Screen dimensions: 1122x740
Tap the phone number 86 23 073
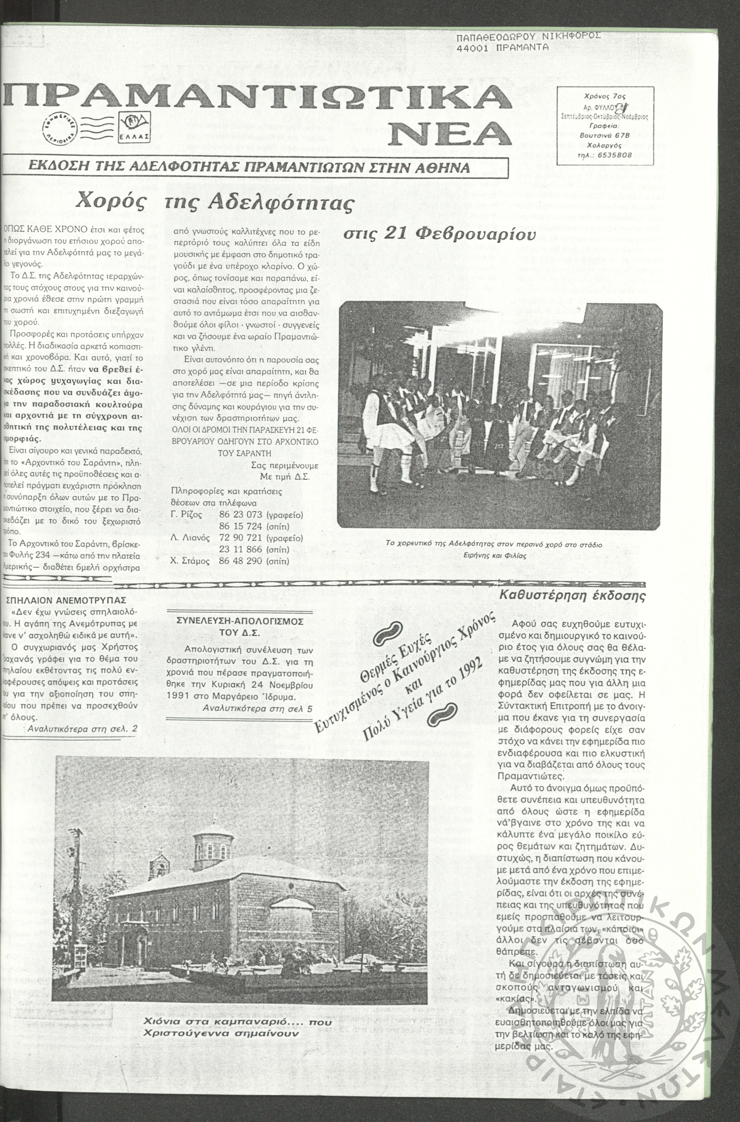[239, 515]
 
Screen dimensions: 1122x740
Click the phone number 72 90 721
[239, 538]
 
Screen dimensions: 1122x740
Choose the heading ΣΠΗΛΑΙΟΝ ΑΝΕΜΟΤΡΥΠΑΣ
[65, 600]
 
